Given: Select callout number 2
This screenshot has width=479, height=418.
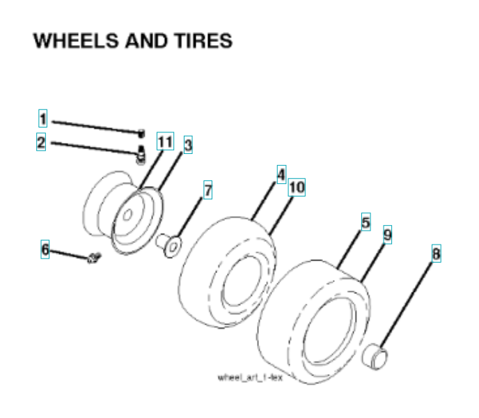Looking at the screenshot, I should coord(41,143).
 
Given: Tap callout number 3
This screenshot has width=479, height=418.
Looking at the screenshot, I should coord(188,144).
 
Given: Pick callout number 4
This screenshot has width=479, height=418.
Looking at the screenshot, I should coord(281,173).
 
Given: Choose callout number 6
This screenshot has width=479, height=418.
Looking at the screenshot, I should coord(45,249).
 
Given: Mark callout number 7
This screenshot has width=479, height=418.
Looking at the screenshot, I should coord(207,189).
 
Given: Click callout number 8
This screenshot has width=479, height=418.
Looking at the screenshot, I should coord(436,254).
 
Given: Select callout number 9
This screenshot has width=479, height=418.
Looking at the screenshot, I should coord(387,235).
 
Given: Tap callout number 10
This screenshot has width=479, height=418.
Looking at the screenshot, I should coord(296,187).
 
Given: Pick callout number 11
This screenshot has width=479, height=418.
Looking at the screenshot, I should coord(164,141).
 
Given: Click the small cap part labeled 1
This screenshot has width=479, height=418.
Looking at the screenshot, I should coord(141,132).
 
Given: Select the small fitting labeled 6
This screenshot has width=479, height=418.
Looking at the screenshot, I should coord(92,260).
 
